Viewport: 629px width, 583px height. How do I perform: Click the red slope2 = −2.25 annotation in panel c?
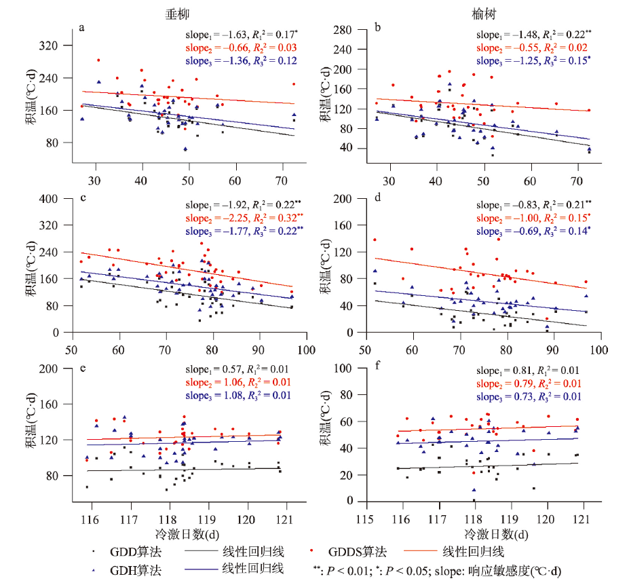pyautogui.click(x=244, y=217)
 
